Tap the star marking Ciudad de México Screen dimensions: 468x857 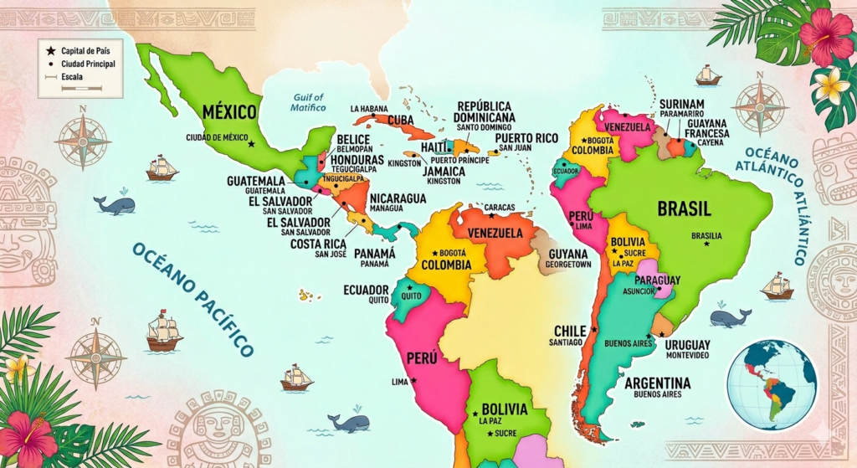point(251,144)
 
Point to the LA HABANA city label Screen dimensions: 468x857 point(370,109)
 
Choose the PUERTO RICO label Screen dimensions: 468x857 point(526,138)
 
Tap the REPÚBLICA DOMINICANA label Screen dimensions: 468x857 point(485,111)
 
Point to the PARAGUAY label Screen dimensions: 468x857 point(657,280)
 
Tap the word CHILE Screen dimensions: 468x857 point(570,331)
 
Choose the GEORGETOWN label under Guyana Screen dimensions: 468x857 point(568,264)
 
